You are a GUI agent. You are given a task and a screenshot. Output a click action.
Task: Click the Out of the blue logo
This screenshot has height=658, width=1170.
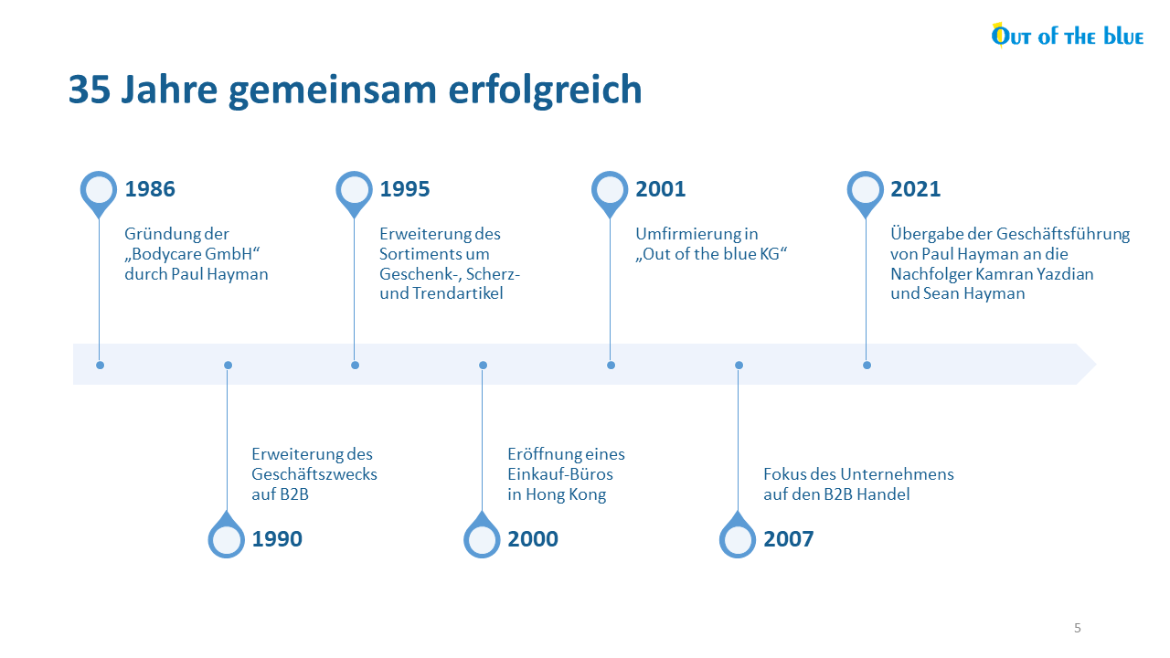click(x=1067, y=36)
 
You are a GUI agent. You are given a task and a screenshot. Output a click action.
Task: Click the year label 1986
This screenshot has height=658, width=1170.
click(x=150, y=189)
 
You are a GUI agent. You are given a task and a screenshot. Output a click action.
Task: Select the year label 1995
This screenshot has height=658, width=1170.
click(x=405, y=189)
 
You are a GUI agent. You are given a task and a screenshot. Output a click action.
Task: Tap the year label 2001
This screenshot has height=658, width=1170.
click(x=660, y=189)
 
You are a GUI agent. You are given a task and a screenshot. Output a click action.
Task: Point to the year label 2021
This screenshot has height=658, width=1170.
click(x=916, y=189)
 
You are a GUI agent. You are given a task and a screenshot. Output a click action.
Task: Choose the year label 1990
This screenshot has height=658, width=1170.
click(x=277, y=539)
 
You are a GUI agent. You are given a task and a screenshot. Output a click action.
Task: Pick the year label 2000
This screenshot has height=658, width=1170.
click(x=533, y=539)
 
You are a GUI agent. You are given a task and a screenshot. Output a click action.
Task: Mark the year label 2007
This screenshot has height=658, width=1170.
click(x=788, y=539)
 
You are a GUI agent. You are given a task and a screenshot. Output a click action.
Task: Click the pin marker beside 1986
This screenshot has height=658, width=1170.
click(x=99, y=193)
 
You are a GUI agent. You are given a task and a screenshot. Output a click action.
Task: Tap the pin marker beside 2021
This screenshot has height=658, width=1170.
click(x=866, y=193)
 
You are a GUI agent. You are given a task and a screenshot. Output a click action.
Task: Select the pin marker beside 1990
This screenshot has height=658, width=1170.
click(x=226, y=536)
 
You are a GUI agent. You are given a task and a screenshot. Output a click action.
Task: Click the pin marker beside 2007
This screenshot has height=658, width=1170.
click(x=738, y=536)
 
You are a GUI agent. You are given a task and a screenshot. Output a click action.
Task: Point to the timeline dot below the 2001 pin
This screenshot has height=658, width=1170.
click(x=612, y=365)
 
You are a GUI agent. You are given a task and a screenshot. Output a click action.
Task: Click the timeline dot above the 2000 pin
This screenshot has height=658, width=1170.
click(x=484, y=365)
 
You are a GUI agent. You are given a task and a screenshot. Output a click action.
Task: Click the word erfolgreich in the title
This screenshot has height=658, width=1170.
click(x=545, y=90)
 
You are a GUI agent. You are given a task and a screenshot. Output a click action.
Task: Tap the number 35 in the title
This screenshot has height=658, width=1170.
click(x=90, y=90)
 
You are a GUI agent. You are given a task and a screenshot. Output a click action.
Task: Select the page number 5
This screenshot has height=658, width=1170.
click(x=1078, y=628)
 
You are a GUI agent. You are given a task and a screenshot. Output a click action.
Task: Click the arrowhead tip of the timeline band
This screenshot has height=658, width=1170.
click(x=1095, y=365)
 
